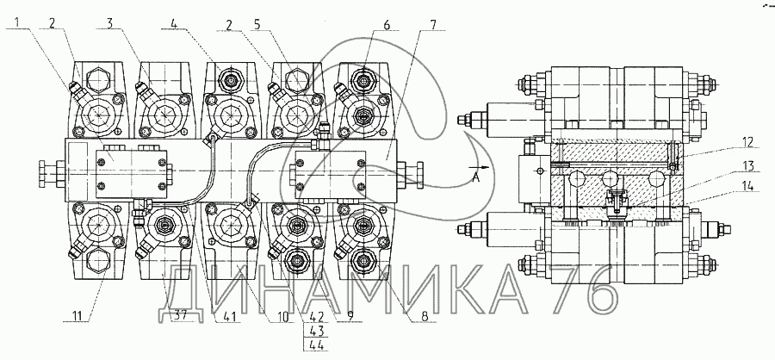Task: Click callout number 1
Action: pos(17,22)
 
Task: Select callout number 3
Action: pos(111,22)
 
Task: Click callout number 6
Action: pos(387,23)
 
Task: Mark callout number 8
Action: pos(424,316)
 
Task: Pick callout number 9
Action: pos(350,316)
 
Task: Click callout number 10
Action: pos(282,316)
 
